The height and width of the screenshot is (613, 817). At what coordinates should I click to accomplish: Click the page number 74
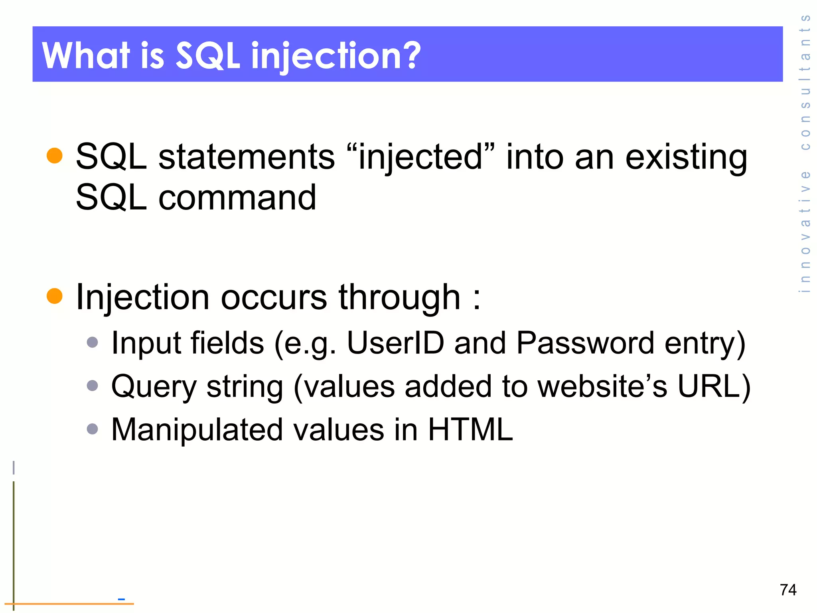[788, 590]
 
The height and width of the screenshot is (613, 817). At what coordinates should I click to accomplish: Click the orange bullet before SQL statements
[55, 156]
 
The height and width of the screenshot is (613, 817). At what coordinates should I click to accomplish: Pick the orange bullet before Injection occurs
[55, 296]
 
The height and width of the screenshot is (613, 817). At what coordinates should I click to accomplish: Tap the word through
[399, 298]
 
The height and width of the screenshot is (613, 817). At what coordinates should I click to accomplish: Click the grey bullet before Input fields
[93, 342]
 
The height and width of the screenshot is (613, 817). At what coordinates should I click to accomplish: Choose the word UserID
[395, 343]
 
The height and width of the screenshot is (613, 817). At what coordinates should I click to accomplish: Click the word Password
[585, 343]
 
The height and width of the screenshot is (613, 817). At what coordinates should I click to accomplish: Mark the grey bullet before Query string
[93, 386]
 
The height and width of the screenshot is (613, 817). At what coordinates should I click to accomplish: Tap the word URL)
[714, 386]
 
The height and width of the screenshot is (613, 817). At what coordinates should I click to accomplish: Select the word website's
[602, 386]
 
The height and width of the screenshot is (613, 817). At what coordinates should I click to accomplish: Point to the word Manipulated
[197, 430]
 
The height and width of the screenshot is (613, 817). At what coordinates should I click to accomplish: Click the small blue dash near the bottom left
[121, 599]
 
